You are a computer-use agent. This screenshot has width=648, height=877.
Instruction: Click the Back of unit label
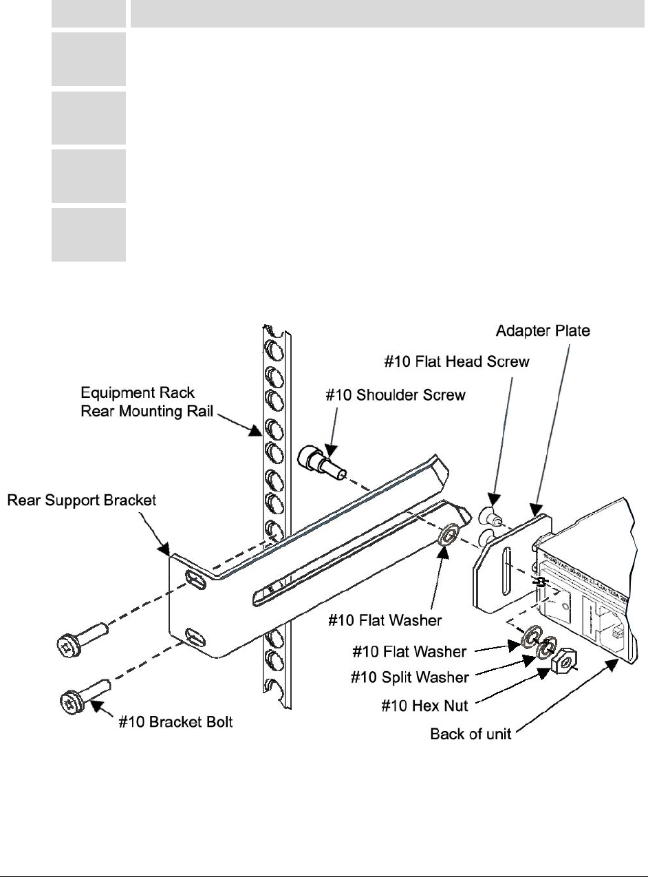[471, 734]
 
